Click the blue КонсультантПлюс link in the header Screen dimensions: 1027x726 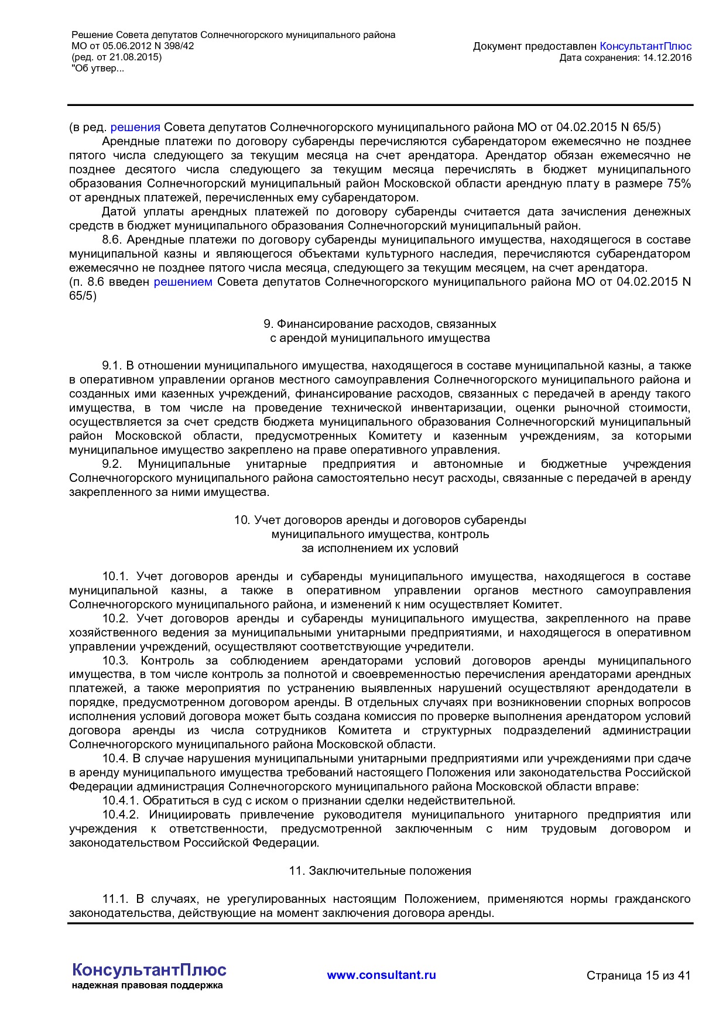coord(645,46)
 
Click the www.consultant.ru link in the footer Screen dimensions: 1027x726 coord(381,975)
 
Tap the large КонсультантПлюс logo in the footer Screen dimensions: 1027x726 coord(149,970)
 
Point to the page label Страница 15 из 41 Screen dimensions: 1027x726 coord(638,975)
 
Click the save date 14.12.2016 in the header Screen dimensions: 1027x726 coord(667,57)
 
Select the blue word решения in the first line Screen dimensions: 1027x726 coord(135,127)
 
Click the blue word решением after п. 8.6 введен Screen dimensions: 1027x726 coord(183,282)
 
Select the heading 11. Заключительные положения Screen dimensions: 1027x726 coord(379,871)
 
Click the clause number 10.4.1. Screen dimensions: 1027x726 coord(120,800)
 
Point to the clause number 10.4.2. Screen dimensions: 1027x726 coord(120,814)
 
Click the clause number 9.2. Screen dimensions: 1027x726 coord(111,464)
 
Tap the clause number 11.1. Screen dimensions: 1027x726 coord(115,899)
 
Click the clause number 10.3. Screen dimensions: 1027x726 coord(115,660)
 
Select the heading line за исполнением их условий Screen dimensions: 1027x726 coord(379,548)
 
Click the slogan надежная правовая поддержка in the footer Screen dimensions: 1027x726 coord(147,985)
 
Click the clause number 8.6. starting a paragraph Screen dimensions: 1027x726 coord(112,239)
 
